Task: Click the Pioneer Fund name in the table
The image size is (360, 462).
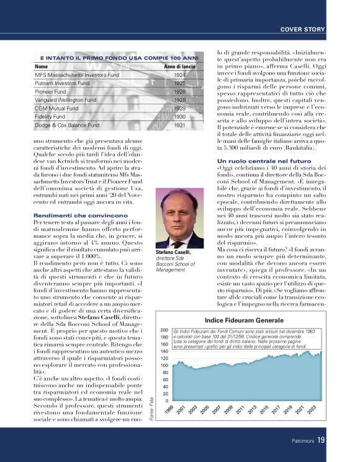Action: (52, 91)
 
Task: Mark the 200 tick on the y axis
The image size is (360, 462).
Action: (164, 330)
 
